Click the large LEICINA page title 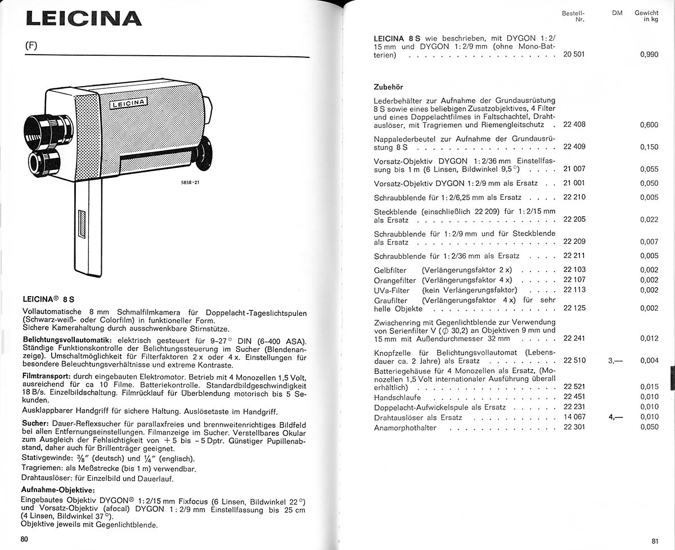(84, 18)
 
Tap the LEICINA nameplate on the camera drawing (129, 103)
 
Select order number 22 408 (574, 124)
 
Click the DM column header (617, 12)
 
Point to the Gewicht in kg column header (646, 16)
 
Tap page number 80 (24, 539)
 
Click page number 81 (655, 541)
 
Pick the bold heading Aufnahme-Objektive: (57, 489)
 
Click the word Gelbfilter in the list (390, 270)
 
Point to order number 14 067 (574, 417)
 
